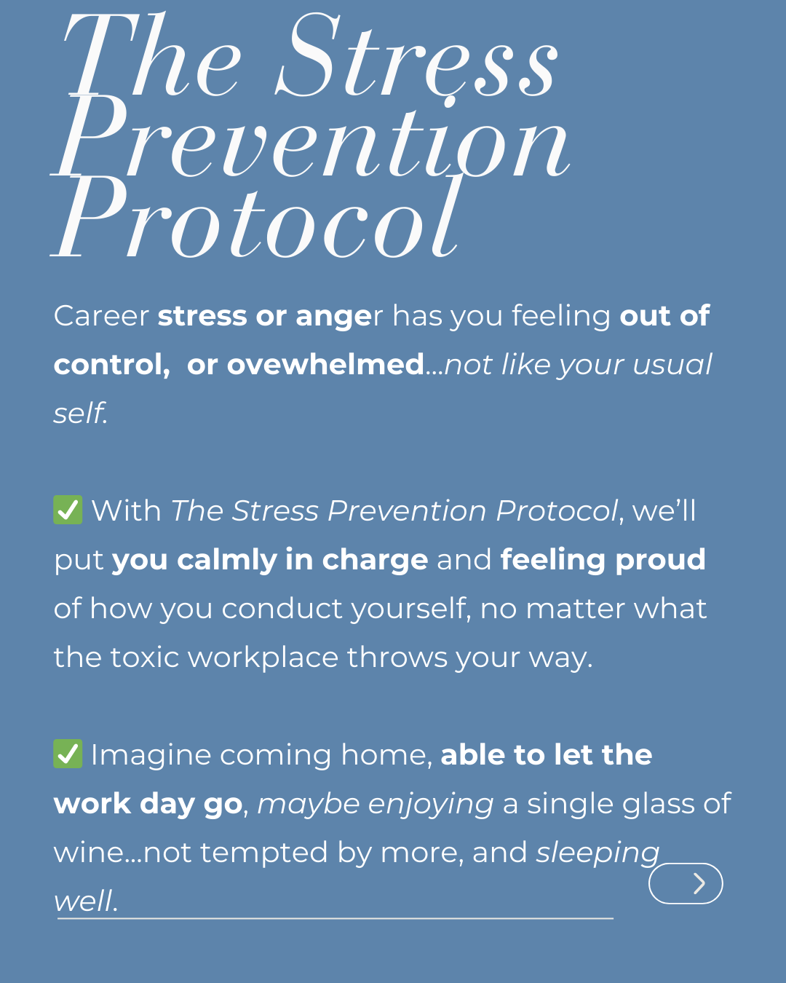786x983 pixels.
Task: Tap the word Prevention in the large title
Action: pos(311,137)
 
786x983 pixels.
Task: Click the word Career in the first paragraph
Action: pos(101,315)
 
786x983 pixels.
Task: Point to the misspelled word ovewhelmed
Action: pos(325,365)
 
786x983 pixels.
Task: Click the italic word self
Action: pos(80,413)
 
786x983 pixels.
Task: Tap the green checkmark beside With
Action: pos(68,510)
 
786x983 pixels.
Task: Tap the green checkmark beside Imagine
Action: pos(68,754)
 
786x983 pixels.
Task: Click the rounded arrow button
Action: pos(686,883)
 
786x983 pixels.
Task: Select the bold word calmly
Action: pos(226,560)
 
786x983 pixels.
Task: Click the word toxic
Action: pos(144,657)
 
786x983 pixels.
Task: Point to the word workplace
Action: pos(263,658)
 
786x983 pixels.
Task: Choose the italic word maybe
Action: pos(309,805)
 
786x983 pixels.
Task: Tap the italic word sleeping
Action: pos(598,853)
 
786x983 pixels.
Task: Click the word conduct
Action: pos(282,609)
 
